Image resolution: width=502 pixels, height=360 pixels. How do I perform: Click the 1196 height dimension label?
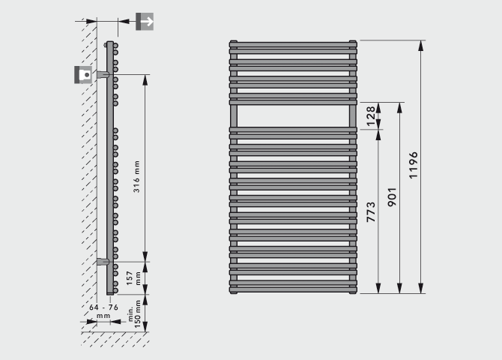[x=414, y=165]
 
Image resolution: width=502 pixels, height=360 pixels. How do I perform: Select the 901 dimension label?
[x=392, y=196]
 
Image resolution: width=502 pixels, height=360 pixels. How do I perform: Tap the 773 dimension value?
[x=371, y=212]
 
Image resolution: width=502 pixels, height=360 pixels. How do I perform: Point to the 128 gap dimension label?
[x=370, y=116]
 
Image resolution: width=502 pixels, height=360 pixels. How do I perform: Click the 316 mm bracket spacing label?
[x=136, y=177]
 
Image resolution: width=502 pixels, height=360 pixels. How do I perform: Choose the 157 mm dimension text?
[x=133, y=278]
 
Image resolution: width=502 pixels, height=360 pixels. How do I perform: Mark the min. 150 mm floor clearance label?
[x=134, y=313]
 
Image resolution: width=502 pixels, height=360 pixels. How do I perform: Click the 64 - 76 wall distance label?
[x=103, y=311]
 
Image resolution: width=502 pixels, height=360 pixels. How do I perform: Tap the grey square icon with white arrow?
[x=145, y=22]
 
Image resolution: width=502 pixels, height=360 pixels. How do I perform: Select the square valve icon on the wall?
[x=83, y=75]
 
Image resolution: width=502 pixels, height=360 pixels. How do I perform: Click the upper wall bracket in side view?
[x=103, y=75]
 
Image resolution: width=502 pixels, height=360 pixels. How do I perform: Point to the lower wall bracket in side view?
[x=103, y=262]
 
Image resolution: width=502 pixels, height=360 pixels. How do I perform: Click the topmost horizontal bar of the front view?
[x=293, y=44]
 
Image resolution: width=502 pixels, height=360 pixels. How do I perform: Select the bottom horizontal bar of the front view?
[x=293, y=289]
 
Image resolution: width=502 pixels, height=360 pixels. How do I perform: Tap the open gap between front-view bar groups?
[x=293, y=116]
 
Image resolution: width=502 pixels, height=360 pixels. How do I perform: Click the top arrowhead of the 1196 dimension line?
[x=420, y=46]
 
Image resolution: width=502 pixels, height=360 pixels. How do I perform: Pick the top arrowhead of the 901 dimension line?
[x=399, y=108]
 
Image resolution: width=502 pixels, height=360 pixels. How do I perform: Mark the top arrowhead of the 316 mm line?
[x=145, y=79]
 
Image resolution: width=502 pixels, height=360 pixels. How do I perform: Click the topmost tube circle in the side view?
[x=115, y=46]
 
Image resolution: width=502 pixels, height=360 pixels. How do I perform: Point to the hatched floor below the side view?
[x=115, y=339]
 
